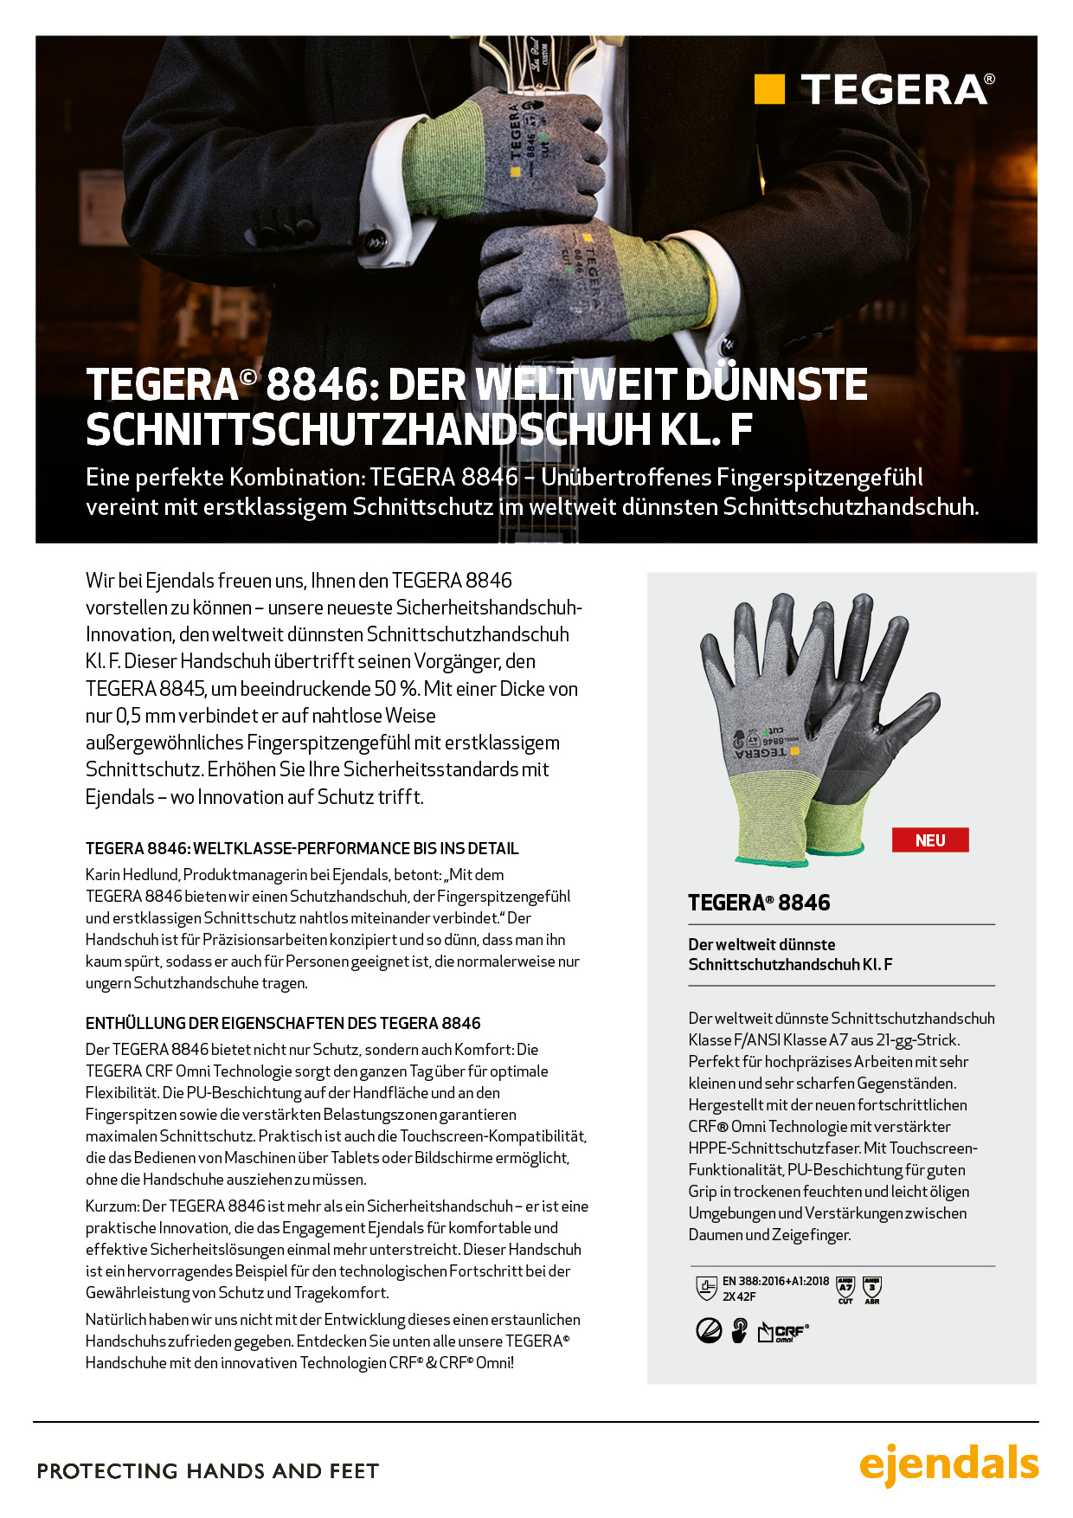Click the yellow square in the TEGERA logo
coord(769,89)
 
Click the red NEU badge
coord(930,840)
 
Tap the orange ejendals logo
coord(948,1463)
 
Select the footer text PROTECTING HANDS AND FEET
coord(208,1471)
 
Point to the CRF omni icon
coord(784,1332)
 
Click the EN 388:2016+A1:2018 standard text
coord(775,1281)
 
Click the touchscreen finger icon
coord(740,1330)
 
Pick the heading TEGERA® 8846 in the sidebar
coord(759,903)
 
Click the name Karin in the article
coord(102,875)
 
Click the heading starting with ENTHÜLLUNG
coord(283,1023)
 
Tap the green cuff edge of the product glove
coord(770,860)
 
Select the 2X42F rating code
coord(739,1296)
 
